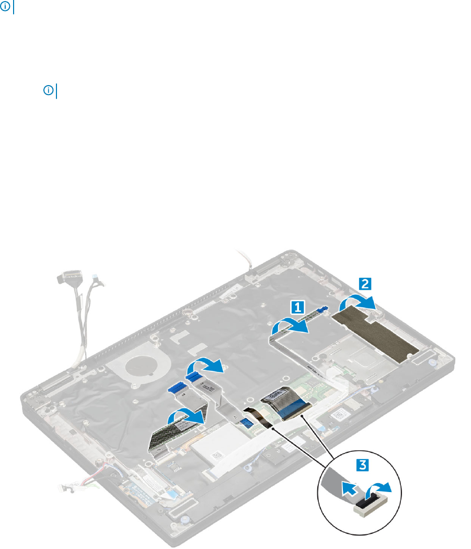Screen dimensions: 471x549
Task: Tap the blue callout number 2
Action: (365, 284)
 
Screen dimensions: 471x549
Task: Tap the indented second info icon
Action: (48, 91)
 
